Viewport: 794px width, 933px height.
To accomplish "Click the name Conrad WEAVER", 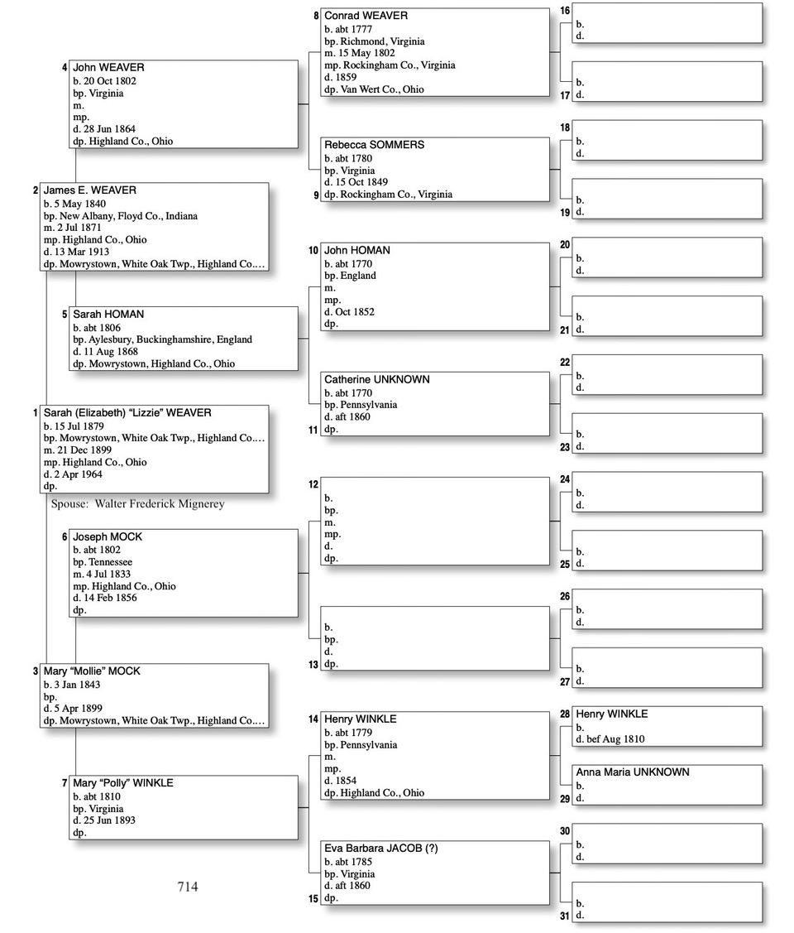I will [366, 16].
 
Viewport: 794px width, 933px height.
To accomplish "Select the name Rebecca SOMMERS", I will [374, 145].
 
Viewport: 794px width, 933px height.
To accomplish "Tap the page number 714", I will [188, 887].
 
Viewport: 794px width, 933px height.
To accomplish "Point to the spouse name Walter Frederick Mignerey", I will [159, 503].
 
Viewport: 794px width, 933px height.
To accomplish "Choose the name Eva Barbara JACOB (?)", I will [380, 849].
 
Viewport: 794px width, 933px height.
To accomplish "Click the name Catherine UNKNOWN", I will [376, 379].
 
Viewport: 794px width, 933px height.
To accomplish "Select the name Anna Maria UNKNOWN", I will [632, 772].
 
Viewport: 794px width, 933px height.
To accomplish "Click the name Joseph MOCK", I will [108, 537].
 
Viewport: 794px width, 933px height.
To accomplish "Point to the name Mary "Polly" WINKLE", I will [123, 783].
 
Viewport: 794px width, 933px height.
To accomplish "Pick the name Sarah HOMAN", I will [108, 315].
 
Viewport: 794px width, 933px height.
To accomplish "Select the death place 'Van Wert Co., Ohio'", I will [382, 89].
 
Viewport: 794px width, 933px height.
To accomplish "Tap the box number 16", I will [565, 11].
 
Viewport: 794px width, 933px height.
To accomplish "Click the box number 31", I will [565, 916].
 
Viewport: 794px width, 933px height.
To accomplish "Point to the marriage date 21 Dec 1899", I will [83, 450].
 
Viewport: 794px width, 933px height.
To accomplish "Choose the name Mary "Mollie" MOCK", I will [92, 671].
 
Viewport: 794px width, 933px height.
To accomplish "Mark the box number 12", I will [313, 484].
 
